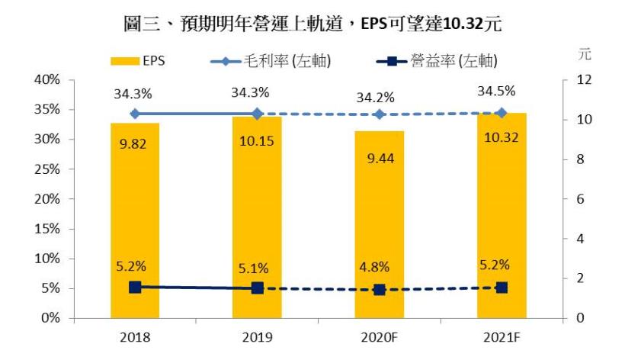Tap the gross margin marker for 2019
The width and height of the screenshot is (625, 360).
[257, 114]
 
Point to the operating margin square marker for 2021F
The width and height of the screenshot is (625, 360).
[502, 288]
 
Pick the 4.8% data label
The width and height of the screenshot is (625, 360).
[373, 267]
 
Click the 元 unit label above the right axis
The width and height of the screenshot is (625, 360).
[585, 55]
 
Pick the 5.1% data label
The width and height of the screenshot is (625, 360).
[252, 267]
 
